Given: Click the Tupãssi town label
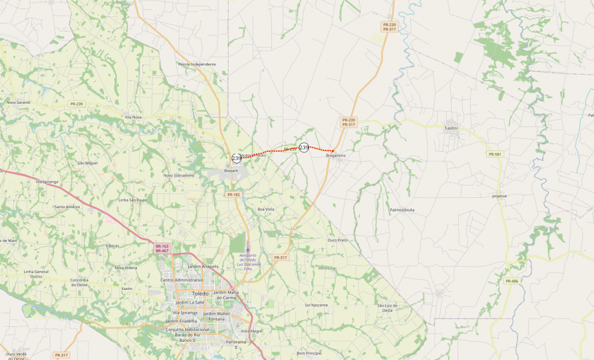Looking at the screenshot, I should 451,128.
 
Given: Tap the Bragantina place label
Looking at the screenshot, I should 336,156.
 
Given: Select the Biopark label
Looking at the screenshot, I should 231,171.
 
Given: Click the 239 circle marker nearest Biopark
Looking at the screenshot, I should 236,158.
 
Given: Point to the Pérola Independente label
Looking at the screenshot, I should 197,64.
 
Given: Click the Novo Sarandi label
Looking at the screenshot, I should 18,102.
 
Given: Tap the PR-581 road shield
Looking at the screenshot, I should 495,154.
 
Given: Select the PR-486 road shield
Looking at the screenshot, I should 512,281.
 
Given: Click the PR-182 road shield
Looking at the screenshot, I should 234,195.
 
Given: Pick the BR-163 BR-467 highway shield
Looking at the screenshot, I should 162,248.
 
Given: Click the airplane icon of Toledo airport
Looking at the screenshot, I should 247,248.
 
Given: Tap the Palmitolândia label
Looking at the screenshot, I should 402,210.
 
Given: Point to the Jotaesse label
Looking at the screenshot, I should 499,195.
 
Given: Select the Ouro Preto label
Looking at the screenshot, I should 338,240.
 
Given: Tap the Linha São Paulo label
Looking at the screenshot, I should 132,200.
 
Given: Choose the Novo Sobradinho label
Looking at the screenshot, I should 179,175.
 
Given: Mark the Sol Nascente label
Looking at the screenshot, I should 316,305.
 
